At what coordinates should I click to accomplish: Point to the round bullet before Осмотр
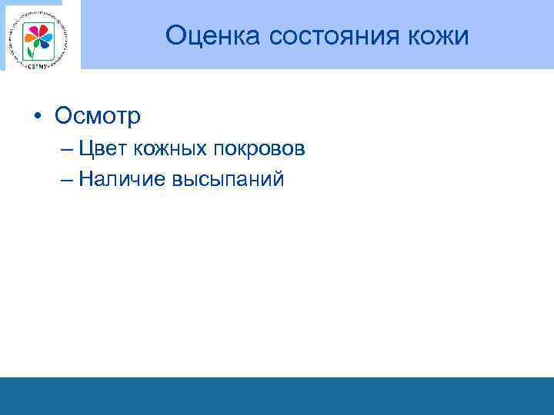coord(37,116)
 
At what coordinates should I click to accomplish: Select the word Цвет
coord(105,148)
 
